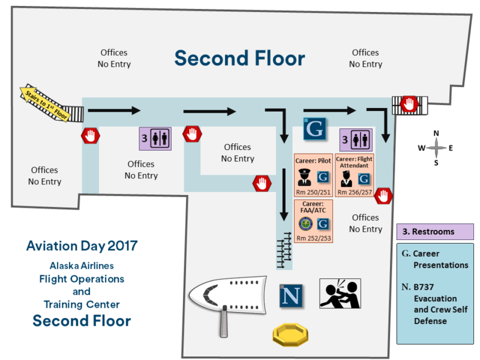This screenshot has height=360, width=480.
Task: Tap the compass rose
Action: point(436,148)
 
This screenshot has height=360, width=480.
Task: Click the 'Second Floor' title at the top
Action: point(239,58)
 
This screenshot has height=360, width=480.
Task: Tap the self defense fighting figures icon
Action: point(340,294)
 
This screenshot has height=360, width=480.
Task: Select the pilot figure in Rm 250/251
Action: point(304,178)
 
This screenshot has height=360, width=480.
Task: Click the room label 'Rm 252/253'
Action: point(313,238)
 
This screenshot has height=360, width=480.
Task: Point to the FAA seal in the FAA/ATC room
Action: point(305,224)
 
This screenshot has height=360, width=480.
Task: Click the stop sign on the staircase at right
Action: point(409,104)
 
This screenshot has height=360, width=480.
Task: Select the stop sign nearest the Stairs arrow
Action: point(90,136)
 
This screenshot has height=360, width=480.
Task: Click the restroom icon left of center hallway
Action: point(155,137)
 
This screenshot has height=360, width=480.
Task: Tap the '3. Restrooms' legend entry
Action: point(435,232)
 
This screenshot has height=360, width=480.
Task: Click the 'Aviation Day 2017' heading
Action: point(82,246)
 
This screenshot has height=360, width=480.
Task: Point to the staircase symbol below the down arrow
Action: point(284,249)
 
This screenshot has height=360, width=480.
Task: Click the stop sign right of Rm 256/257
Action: point(384,195)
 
